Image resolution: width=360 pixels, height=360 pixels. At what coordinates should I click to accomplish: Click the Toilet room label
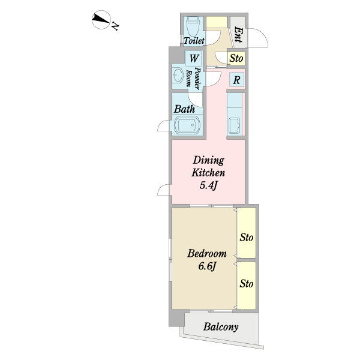pos(194,41)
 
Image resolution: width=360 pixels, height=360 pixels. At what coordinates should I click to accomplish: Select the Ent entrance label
pos(238,34)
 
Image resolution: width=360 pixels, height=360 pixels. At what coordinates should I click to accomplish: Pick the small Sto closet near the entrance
pos(236,58)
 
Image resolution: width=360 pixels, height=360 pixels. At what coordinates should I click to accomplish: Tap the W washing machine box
pos(194,58)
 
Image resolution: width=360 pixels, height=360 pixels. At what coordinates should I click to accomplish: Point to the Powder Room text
pos(194,78)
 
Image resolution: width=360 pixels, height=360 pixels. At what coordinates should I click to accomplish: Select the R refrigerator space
pos(237,80)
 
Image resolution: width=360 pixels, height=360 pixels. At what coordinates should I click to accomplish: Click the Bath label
pos(184,109)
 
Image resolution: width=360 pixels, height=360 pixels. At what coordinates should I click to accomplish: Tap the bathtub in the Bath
pos(187,125)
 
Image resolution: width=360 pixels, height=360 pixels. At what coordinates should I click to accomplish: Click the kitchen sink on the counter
pos(234,126)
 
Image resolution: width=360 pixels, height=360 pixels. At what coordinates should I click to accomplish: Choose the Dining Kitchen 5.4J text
pos(208,173)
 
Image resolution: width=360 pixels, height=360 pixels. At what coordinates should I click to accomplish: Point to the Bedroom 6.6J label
pos(207,260)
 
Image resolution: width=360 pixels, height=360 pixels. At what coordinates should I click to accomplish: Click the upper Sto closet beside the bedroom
pos(247,233)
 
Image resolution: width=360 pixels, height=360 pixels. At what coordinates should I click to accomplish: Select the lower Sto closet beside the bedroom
pos(247,286)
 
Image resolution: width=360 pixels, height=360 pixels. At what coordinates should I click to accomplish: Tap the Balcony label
pos(221,326)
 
